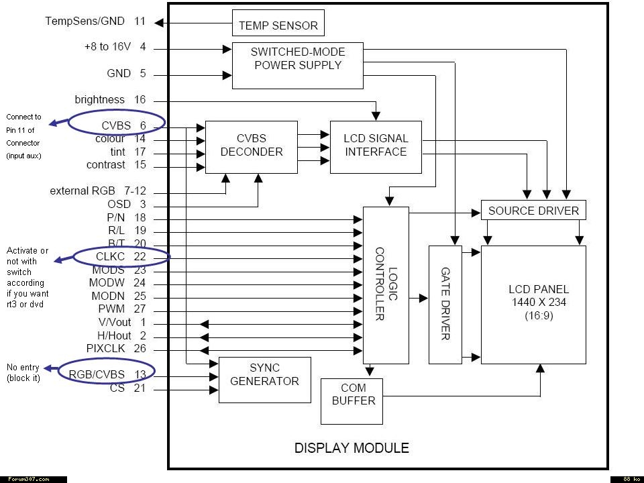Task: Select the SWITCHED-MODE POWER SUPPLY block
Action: click(x=297, y=66)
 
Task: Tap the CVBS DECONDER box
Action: click(x=251, y=147)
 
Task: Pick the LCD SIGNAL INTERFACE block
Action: click(x=376, y=147)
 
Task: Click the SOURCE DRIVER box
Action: click(x=533, y=210)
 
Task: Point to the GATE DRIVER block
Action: click(x=445, y=305)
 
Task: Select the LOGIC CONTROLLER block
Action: click(x=386, y=285)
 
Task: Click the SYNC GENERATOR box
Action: click(x=264, y=380)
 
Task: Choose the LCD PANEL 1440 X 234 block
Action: click(x=533, y=305)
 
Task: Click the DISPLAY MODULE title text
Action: click(x=352, y=448)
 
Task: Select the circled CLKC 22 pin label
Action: click(x=120, y=256)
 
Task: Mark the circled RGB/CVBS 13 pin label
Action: click(x=107, y=374)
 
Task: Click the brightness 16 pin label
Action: click(x=110, y=100)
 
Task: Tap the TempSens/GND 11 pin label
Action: click(x=95, y=21)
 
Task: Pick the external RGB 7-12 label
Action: click(x=98, y=191)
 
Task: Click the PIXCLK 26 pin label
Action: click(x=116, y=348)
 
